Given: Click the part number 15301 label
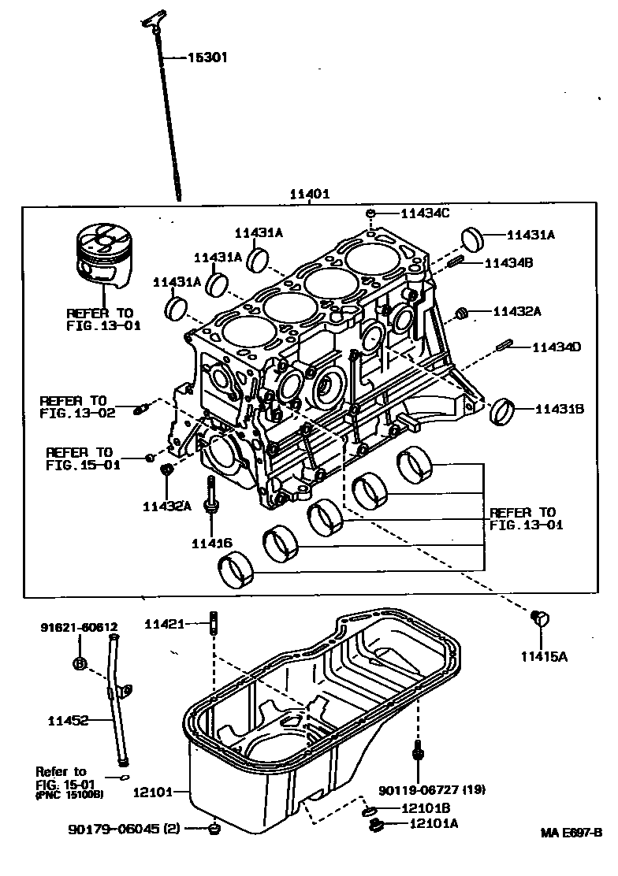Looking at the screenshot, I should pyautogui.click(x=208, y=58).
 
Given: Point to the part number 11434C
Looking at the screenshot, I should pyautogui.click(x=426, y=213).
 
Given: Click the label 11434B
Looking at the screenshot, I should pyautogui.click(x=508, y=262).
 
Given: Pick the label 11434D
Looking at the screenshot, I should pyautogui.click(x=556, y=347).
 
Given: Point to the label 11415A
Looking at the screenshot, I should pyautogui.click(x=543, y=656).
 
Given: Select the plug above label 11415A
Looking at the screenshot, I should pyautogui.click(x=539, y=618).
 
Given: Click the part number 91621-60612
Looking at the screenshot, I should pyautogui.click(x=80, y=627).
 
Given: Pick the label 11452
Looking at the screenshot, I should pyautogui.click(x=67, y=720).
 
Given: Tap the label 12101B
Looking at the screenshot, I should pyautogui.click(x=425, y=808).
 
